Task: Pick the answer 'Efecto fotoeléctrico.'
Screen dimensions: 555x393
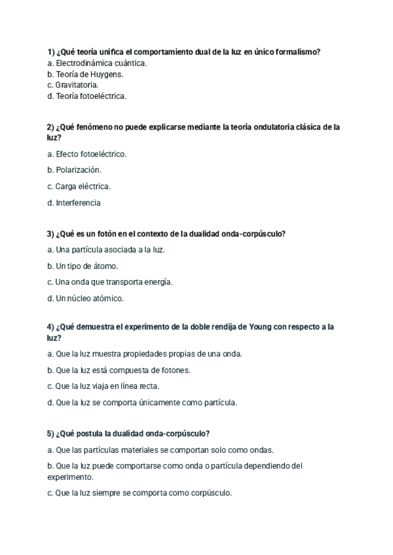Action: point(90,154)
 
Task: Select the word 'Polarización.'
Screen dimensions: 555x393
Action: point(78,170)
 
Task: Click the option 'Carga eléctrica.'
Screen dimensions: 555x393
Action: point(83,187)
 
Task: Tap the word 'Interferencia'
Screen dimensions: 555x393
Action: point(78,203)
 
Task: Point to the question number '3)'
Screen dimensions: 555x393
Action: point(51,234)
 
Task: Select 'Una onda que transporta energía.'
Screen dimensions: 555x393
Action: point(110,282)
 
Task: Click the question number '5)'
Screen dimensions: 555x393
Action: point(51,433)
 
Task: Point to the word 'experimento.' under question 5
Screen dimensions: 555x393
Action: point(70,477)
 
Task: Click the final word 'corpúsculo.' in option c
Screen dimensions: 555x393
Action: point(211,493)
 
